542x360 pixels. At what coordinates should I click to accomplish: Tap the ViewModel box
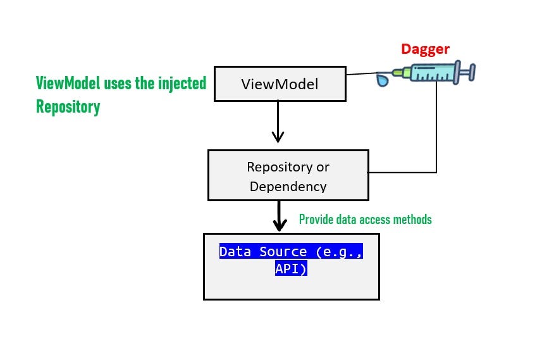[280, 84]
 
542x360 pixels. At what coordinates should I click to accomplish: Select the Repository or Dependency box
[288, 176]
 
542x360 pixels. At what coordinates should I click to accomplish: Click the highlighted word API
[291, 268]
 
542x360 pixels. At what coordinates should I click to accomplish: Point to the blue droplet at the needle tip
[383, 80]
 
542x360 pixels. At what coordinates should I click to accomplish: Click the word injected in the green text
[180, 84]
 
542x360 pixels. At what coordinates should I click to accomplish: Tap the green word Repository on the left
[68, 107]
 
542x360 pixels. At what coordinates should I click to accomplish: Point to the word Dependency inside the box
[288, 186]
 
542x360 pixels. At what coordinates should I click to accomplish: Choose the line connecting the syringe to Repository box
[436, 139]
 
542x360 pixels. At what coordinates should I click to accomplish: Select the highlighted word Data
[235, 252]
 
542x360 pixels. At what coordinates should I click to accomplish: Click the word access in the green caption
[374, 220]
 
